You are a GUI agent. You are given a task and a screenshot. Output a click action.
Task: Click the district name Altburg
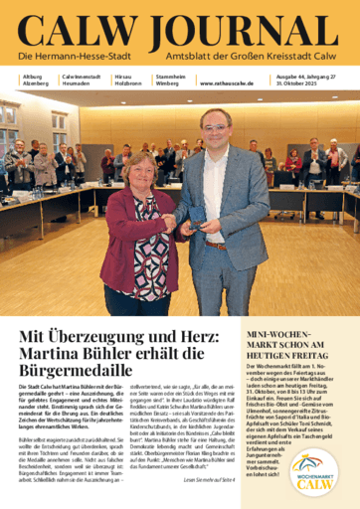point(33,74)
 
